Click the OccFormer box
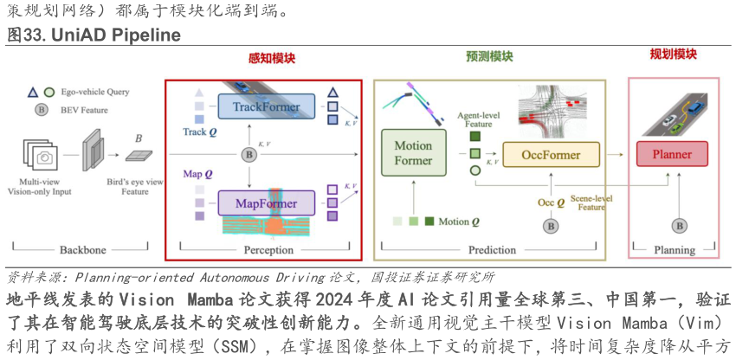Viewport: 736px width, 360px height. click(550, 155)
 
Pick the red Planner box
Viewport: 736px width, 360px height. click(671, 155)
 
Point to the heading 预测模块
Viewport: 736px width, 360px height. click(489, 57)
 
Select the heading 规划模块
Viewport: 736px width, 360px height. click(673, 55)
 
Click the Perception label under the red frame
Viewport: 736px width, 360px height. click(268, 250)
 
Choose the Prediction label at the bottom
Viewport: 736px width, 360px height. click(492, 250)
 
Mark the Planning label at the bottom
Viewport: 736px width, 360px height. click(674, 250)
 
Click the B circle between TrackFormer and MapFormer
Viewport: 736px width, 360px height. click(249, 155)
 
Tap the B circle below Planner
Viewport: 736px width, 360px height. click(680, 226)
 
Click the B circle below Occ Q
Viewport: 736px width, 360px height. click(549, 226)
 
